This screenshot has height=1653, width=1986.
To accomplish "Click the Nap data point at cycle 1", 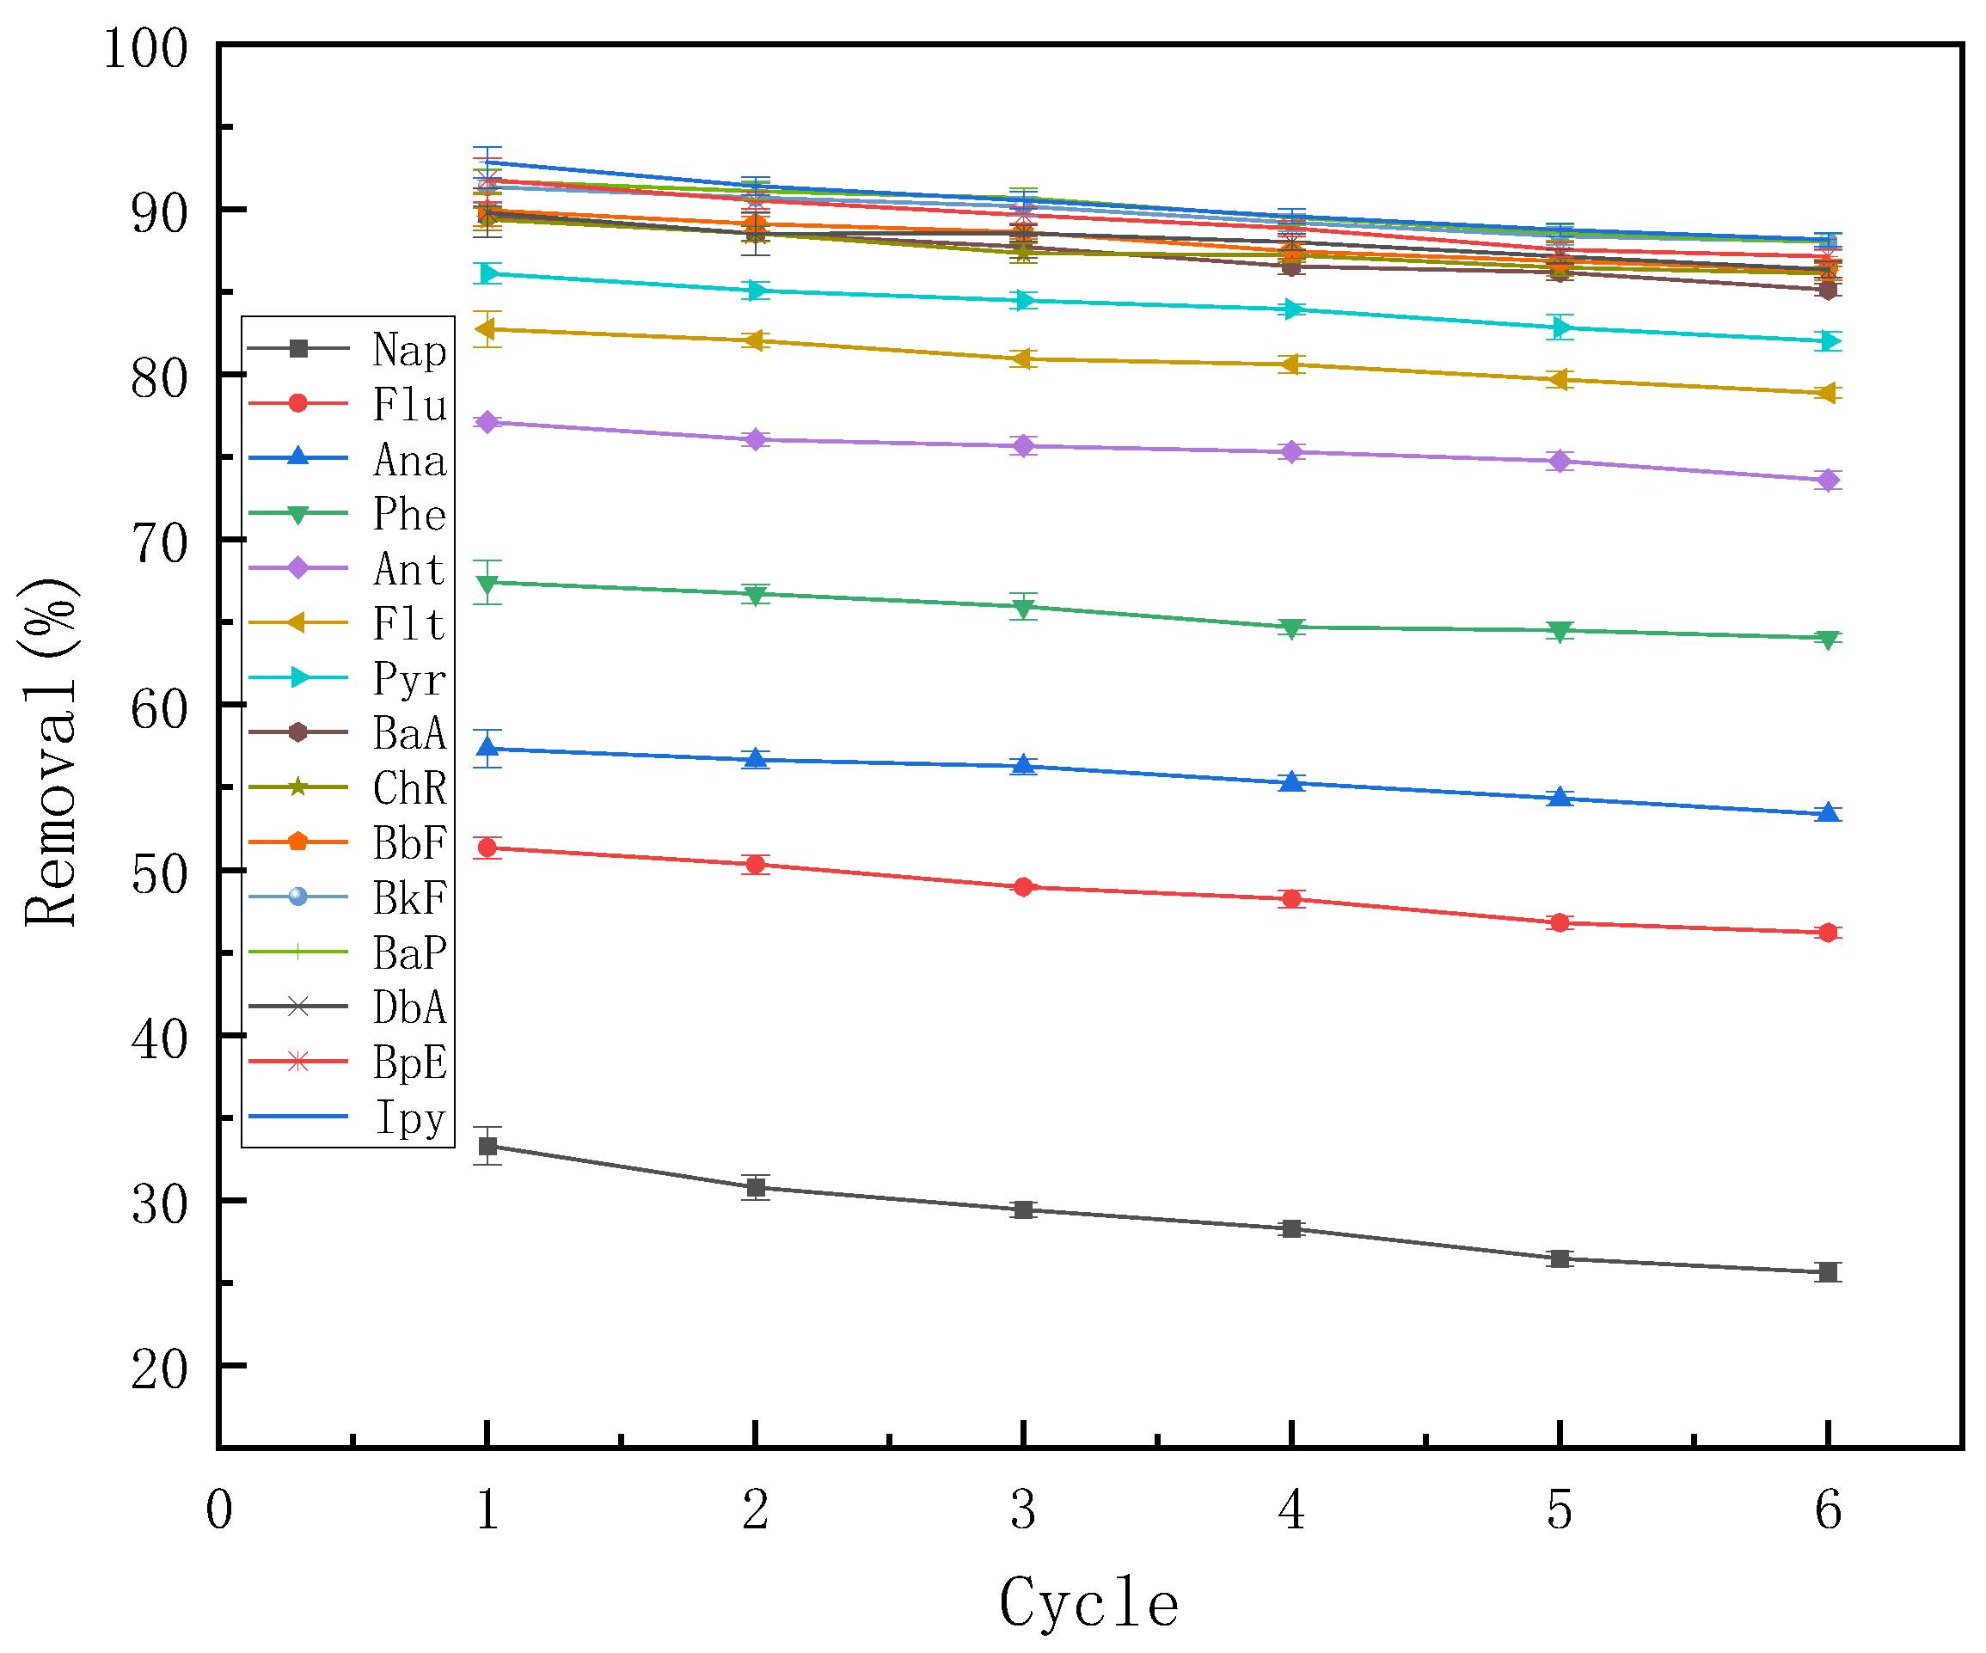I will (487, 1146).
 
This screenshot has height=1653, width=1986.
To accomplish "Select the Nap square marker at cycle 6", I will (1827, 1272).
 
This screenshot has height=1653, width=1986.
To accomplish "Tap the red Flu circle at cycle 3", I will (1022, 887).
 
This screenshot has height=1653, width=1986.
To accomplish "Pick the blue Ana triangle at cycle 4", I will (1291, 782).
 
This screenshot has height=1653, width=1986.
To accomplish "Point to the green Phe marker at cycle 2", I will (755, 595).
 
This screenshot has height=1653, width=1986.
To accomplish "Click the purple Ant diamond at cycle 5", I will (1560, 462).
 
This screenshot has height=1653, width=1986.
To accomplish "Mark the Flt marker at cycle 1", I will (487, 329).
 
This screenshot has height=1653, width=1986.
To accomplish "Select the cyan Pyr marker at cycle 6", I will (1827, 341).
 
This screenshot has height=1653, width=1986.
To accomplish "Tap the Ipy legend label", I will (408, 1117).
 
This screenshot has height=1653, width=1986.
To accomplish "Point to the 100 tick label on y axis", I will (145, 49).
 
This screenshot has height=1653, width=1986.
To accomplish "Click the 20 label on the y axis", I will (159, 1368).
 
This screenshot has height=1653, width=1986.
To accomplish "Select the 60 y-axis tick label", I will (159, 708).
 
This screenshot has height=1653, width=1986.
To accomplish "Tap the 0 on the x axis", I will (218, 1510).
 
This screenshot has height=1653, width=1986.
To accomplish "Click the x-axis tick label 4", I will (1291, 1510).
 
